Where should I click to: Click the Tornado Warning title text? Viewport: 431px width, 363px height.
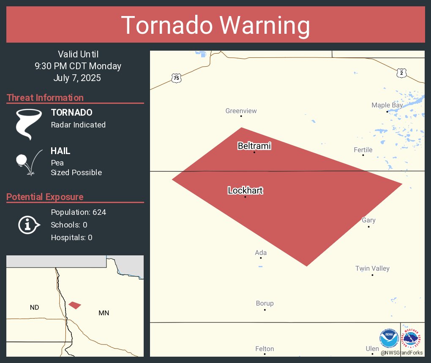point(215,25)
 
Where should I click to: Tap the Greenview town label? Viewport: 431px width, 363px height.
point(241,111)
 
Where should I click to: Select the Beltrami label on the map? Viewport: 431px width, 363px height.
point(254,146)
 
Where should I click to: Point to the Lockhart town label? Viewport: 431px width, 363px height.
point(245,190)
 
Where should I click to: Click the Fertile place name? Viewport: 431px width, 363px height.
point(363,150)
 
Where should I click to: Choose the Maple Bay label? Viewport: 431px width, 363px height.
point(387,105)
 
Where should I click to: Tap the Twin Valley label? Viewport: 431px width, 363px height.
point(372,268)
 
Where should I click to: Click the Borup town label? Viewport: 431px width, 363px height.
point(265,303)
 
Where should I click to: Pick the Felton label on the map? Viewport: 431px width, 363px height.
point(265,349)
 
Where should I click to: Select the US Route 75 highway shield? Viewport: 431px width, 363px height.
point(177,78)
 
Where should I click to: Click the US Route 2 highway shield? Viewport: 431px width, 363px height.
point(401,73)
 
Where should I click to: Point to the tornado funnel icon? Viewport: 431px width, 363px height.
point(29,124)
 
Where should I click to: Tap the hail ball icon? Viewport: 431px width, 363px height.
point(21,160)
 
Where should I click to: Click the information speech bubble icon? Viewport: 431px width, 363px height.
point(28,225)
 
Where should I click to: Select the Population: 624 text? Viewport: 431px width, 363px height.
point(78,212)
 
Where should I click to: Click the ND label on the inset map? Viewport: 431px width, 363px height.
point(35,307)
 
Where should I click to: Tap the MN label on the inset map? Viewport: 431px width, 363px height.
point(104,313)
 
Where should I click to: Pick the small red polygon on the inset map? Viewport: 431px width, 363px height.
point(75,305)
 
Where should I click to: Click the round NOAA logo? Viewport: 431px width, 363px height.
point(389,338)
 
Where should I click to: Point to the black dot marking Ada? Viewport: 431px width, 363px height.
point(261,258)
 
